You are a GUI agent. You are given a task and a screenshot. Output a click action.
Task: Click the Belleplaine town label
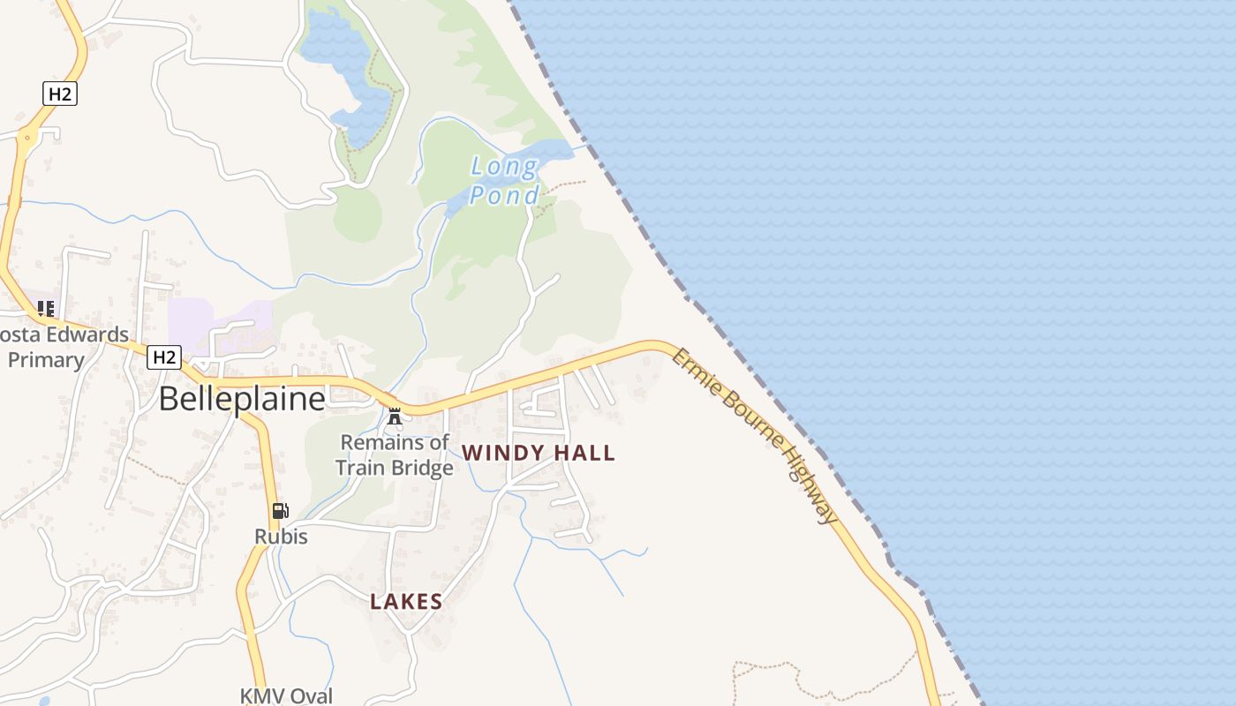point(242,400)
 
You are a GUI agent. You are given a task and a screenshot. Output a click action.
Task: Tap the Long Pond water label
point(504,180)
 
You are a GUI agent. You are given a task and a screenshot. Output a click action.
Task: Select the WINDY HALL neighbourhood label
point(539,453)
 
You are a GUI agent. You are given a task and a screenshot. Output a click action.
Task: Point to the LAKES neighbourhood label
point(406,602)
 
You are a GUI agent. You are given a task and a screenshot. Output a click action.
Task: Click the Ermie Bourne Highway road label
point(754,435)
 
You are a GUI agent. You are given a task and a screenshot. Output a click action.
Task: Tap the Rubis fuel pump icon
point(280,511)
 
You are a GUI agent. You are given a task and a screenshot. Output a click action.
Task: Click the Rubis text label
point(281,536)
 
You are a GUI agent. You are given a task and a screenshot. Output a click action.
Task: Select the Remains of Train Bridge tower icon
point(395,416)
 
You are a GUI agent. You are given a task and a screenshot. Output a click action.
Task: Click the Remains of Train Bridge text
point(395,454)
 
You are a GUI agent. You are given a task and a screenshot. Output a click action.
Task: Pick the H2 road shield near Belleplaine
point(164,357)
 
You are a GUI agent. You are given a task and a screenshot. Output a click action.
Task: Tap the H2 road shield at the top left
point(59,94)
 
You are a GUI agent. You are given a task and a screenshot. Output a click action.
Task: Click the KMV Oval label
point(286,695)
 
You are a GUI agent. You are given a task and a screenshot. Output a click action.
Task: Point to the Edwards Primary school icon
point(45,309)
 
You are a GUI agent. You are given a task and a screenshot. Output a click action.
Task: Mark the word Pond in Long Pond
point(504,195)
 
